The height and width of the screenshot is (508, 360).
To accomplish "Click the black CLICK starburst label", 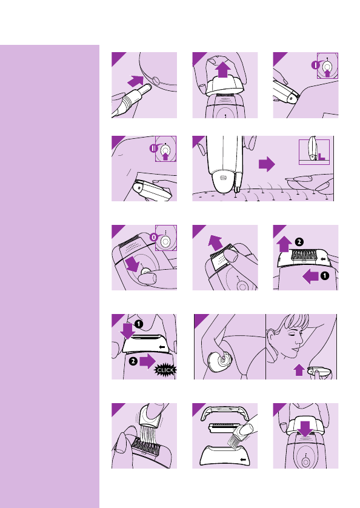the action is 165,370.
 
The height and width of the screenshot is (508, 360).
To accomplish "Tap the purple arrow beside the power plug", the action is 135,81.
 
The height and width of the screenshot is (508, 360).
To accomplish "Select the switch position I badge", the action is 316,65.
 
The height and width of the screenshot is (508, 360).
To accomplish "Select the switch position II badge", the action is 153,149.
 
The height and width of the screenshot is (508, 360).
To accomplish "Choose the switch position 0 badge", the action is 154,238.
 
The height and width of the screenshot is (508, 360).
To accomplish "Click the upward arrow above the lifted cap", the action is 222,70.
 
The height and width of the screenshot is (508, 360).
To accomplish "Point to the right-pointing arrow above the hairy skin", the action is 267,164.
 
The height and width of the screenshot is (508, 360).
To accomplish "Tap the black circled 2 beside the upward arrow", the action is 299,242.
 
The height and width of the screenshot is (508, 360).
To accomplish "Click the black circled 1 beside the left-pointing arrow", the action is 325,276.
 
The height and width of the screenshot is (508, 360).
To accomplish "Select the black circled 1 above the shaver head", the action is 139,324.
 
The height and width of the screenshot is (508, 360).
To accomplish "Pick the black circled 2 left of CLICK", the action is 133,361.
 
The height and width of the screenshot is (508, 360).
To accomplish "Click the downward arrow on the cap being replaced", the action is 305,429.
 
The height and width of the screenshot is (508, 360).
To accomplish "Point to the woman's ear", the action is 271,336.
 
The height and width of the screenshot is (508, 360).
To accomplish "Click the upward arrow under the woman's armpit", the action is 299,370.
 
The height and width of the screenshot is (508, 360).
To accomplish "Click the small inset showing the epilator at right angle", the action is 314,152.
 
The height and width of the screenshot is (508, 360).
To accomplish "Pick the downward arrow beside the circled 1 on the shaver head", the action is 127,331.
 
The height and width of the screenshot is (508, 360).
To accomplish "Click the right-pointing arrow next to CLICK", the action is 148,361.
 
